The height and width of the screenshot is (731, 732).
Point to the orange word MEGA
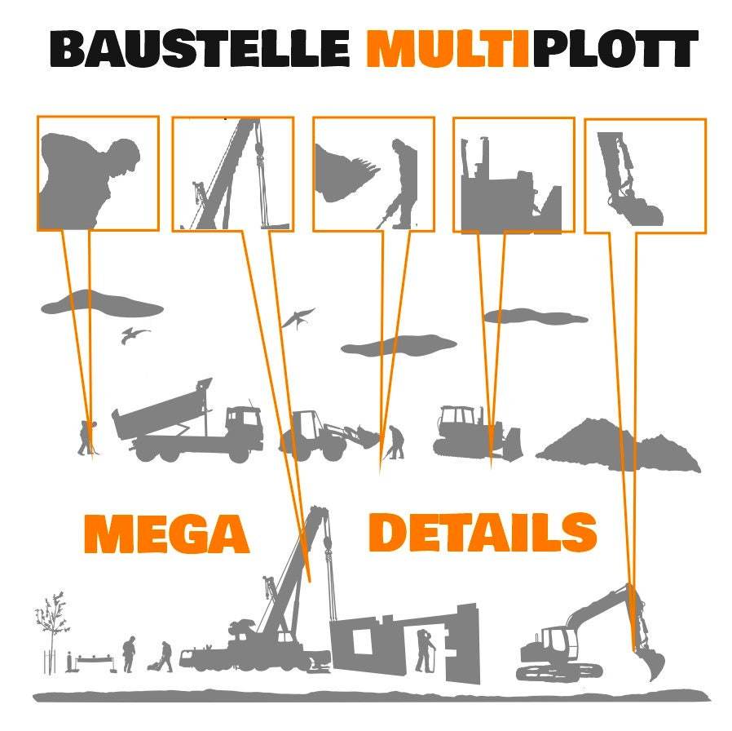(166, 534)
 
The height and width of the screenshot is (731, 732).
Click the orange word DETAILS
(483, 532)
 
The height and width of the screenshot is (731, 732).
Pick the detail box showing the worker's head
(98, 173)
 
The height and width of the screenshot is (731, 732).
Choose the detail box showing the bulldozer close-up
(514, 175)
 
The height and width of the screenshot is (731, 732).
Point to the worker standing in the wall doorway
(424, 649)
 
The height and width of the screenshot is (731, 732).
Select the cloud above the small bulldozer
(534, 317)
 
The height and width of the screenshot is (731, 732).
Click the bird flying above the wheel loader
(298, 317)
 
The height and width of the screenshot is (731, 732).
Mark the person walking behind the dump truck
(86, 437)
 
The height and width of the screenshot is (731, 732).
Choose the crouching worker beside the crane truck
(165, 657)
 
